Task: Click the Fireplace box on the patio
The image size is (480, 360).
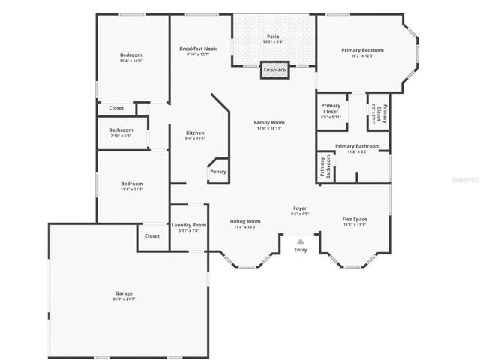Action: [274, 70]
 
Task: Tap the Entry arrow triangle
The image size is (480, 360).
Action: [300, 241]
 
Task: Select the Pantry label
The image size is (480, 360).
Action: [217, 172]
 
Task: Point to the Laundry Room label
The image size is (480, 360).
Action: [189, 225]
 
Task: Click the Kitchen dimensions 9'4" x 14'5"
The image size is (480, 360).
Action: [194, 139]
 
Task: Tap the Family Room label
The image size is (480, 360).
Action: [268, 122]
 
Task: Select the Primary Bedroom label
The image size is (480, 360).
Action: [362, 50]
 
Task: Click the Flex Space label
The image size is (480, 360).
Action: [355, 219]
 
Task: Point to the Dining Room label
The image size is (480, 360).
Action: [245, 221]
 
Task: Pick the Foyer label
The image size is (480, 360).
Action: [299, 208]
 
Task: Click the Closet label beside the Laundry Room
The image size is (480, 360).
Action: [151, 235]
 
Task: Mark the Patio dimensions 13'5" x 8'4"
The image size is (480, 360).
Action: [273, 43]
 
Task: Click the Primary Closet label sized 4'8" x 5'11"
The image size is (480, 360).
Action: [331, 117]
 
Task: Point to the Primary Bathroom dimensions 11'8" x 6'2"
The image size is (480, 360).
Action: [357, 152]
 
